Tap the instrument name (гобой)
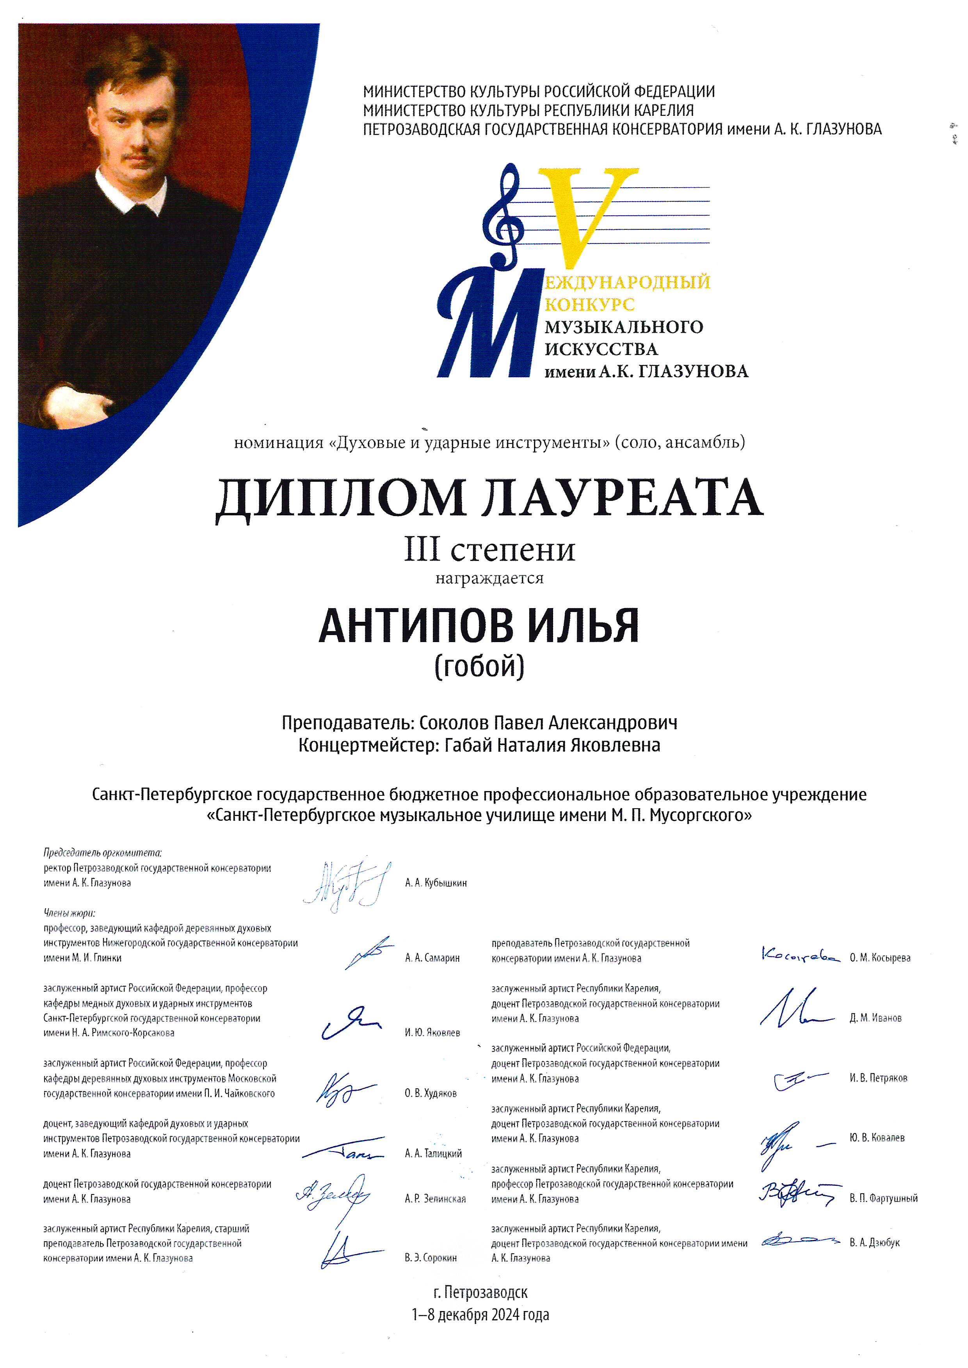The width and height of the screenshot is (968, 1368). [x=480, y=667]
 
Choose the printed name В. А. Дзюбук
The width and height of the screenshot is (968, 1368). [x=874, y=1243]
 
